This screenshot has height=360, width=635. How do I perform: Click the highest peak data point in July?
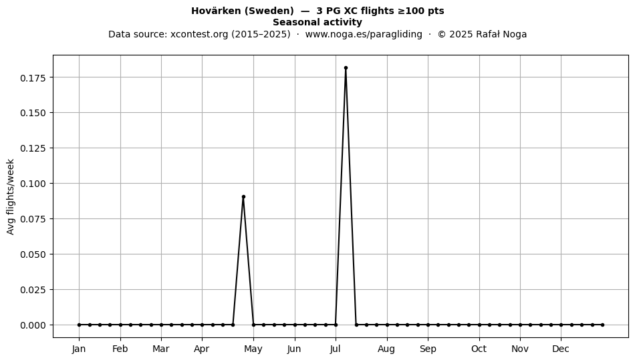coord(346,68)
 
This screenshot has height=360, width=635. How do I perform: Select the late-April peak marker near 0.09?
coord(243,196)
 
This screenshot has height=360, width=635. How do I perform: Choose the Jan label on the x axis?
coord(79,349)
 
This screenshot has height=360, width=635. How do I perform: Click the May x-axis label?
coord(253,349)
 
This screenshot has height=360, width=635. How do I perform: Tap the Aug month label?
coord(386,349)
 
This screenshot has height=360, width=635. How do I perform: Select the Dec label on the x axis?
coord(561,349)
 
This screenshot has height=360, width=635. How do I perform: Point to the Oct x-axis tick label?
coord(479,349)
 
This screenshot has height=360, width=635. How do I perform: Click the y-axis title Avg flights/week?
coord(11,196)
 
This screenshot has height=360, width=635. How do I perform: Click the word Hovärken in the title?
coord(217,11)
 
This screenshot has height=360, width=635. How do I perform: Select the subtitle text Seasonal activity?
coord(317,22)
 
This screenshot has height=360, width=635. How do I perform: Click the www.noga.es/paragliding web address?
coord(364,34)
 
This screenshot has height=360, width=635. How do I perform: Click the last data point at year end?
coord(603,325)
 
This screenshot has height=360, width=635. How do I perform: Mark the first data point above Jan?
coord(79,325)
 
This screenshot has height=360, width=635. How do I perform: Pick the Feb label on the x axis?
coord(120,349)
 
